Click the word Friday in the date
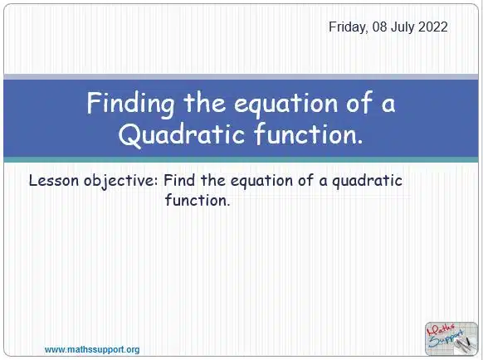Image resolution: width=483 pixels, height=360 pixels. (x=349, y=27)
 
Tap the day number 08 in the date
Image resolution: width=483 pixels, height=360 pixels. (x=379, y=27)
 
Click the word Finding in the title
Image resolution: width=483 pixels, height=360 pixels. (x=130, y=104)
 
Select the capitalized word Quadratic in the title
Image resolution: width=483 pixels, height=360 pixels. (x=183, y=134)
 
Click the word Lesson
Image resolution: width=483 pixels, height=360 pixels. (x=54, y=181)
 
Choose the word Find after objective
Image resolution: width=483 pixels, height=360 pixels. (x=179, y=180)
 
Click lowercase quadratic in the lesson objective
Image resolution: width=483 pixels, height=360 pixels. (x=367, y=181)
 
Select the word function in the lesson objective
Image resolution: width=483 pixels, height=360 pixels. (x=198, y=200)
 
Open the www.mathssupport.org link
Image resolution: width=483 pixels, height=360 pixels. (x=92, y=350)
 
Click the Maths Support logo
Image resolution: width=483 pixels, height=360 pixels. (x=451, y=339)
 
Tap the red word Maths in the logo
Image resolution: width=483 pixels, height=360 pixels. (x=441, y=330)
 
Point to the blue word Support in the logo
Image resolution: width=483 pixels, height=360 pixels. (x=446, y=338)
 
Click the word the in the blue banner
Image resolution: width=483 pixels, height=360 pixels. (x=204, y=103)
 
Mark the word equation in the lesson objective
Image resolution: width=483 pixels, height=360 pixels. (x=261, y=181)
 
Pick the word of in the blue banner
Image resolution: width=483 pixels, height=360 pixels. (x=359, y=103)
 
